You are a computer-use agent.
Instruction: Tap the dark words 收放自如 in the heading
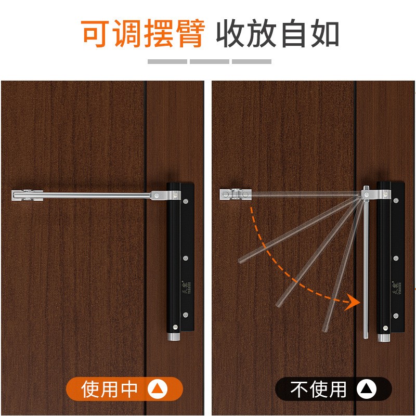point(278,34)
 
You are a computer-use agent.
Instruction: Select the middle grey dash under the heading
point(209,61)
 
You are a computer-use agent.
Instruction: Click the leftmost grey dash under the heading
point(167,61)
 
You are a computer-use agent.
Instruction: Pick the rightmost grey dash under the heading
point(252,61)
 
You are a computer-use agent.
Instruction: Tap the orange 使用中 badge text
point(110,389)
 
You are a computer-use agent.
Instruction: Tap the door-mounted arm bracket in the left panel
point(27,196)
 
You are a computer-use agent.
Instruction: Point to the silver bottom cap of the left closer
point(173,337)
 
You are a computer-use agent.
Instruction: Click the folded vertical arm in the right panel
point(366,270)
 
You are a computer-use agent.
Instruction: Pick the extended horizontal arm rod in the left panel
point(99,196)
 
